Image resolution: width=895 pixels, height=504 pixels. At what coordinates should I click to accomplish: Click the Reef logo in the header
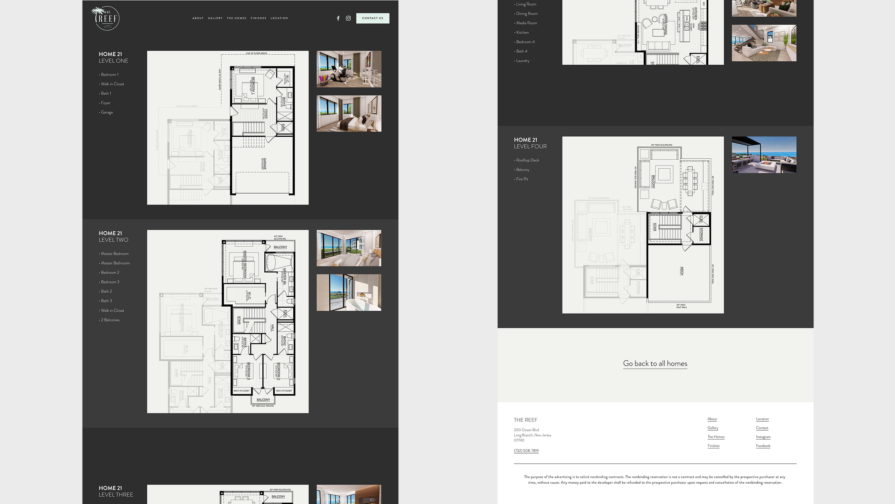tap(106, 18)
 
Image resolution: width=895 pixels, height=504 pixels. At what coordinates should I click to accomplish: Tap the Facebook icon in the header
tap(338, 18)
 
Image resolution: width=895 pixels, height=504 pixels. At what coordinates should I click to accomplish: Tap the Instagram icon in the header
tap(348, 18)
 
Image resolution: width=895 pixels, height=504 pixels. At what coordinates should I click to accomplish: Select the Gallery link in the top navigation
tap(215, 18)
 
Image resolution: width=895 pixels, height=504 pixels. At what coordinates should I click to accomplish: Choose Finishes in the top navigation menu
tap(258, 18)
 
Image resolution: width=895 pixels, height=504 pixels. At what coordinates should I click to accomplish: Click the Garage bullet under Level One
tap(107, 112)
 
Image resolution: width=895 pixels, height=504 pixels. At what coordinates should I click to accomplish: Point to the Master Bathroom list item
tap(115, 263)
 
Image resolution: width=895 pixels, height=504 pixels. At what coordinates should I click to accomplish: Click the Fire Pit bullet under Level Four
tap(522, 179)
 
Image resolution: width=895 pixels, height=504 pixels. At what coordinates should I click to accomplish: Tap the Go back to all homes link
tap(655, 364)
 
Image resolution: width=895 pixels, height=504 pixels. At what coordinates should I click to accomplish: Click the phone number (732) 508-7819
tap(526, 451)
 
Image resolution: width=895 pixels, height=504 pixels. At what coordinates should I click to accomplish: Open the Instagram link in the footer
tap(763, 437)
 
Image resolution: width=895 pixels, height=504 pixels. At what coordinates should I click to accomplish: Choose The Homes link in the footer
tap(716, 437)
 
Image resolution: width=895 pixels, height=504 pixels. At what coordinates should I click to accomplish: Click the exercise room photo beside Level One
tap(349, 69)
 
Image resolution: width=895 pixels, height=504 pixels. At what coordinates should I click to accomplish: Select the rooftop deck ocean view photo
tap(764, 155)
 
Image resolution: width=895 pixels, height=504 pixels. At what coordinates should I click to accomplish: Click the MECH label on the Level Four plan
tap(682, 271)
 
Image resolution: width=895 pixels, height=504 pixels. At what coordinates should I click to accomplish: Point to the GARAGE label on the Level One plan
tap(265, 164)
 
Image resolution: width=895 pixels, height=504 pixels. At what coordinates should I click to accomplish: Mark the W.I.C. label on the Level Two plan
tap(249, 296)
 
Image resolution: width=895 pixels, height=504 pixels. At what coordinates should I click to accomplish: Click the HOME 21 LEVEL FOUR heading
tap(530, 143)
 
